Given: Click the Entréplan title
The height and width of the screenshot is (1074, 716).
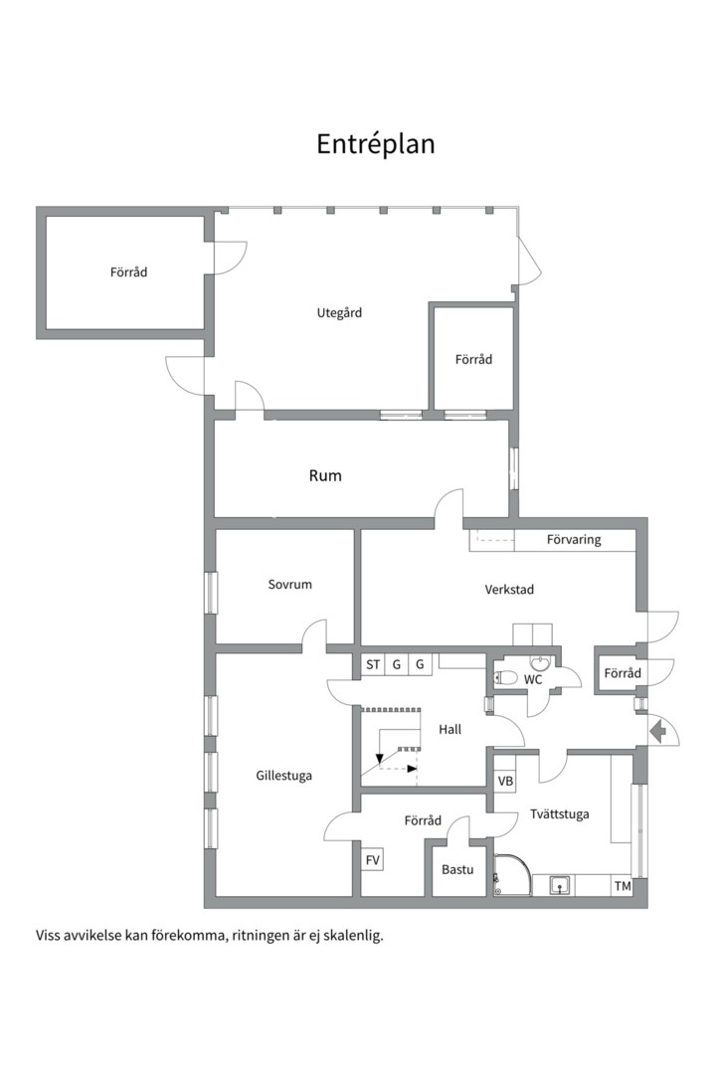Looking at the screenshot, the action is [x=376, y=144].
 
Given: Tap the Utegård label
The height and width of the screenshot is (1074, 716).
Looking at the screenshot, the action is [x=339, y=313].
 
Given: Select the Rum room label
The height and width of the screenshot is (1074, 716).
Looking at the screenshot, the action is [x=325, y=475].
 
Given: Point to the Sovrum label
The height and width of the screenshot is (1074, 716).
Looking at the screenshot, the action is [x=289, y=585].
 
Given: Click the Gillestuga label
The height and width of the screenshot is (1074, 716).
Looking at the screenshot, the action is [x=283, y=776].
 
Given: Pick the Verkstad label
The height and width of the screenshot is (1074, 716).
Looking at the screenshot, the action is [x=509, y=589].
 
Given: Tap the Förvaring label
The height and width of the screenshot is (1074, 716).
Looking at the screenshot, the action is [x=574, y=540].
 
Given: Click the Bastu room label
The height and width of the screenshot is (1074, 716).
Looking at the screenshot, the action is [x=457, y=870].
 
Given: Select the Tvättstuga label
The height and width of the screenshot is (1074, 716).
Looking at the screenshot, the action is [x=559, y=814].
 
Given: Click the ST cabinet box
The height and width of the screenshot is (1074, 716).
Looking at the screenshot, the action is [x=373, y=664].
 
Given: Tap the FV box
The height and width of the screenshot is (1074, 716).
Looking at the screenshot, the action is [x=373, y=860].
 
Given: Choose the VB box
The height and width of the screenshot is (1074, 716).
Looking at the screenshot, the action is [x=505, y=782].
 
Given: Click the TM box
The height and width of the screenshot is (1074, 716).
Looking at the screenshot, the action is [x=623, y=886].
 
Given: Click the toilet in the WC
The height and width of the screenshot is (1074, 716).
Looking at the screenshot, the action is [x=505, y=678].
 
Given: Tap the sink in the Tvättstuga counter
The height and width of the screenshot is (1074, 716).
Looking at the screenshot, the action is [x=561, y=886].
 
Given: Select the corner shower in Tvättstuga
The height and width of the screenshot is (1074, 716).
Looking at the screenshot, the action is [x=511, y=874].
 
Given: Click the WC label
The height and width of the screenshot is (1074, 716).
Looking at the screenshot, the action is [x=533, y=680].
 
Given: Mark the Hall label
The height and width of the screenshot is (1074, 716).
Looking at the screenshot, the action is [x=450, y=730].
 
